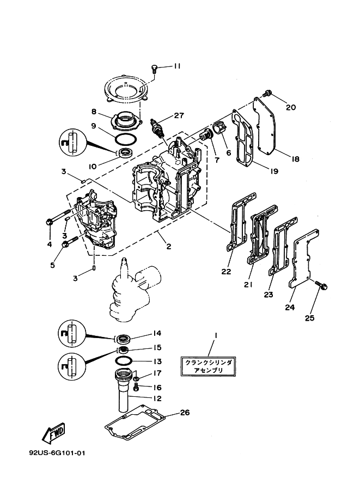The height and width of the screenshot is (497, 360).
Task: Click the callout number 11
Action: click(x=177, y=66)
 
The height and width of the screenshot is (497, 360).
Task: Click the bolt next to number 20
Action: click(x=268, y=93)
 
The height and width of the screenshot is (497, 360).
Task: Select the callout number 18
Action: click(x=295, y=159)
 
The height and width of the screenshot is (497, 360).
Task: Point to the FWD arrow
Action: click(x=53, y=434)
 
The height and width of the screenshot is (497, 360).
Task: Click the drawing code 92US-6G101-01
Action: click(x=58, y=453)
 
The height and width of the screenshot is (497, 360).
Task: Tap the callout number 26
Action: click(x=185, y=413)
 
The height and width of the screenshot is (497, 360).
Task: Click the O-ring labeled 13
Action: click(x=123, y=360)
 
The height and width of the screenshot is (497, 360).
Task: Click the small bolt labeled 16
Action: click(x=137, y=387)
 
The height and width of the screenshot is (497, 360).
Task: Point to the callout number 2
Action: click(x=169, y=246)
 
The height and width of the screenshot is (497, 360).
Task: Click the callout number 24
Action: click(x=289, y=307)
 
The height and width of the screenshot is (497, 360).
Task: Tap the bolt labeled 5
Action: click(x=66, y=246)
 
